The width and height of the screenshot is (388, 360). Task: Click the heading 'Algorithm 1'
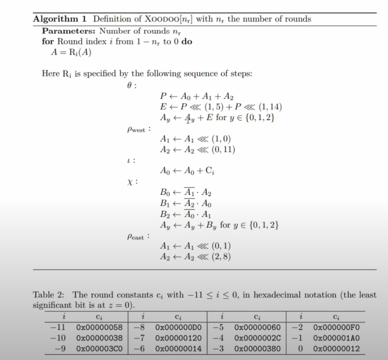pyautogui.click(x=60, y=19)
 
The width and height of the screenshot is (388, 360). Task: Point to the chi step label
pyautogui.click(x=129, y=182)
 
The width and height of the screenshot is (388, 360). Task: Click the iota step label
pyautogui.click(x=128, y=160)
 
